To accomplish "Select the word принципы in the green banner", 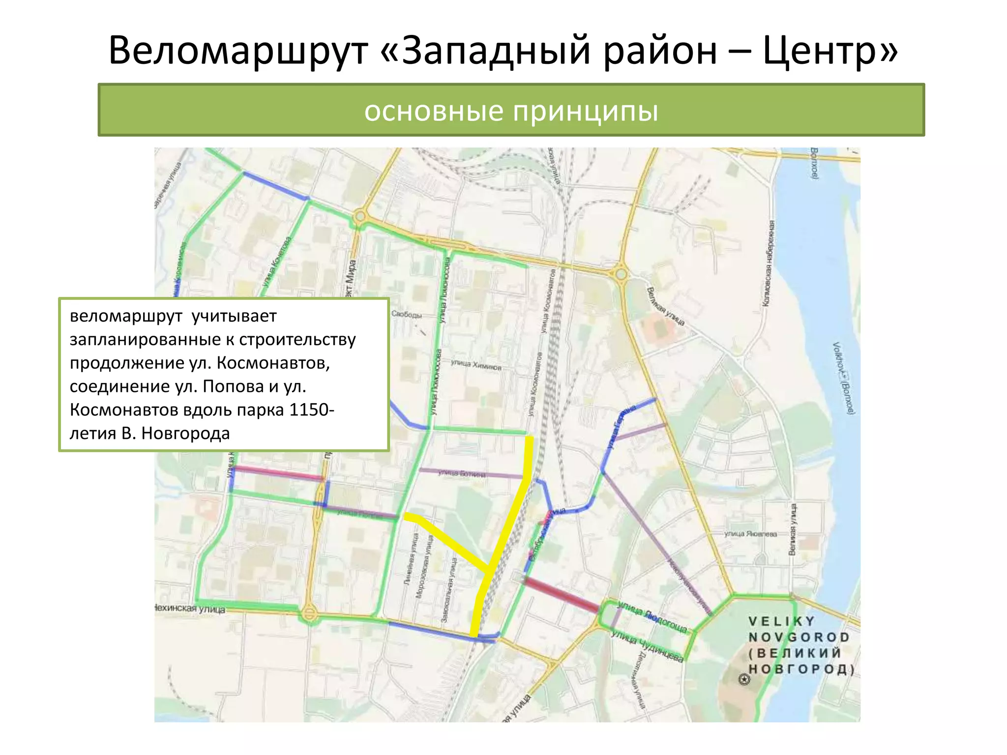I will tap(586, 111).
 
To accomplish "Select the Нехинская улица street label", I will tap(190, 609).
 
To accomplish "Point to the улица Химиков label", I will tap(476, 365).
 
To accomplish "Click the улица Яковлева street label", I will tap(750, 534).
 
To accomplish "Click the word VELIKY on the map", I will tap(782, 621).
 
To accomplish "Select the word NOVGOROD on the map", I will tap(799, 638).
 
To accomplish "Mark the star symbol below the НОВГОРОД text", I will tap(744, 680).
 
